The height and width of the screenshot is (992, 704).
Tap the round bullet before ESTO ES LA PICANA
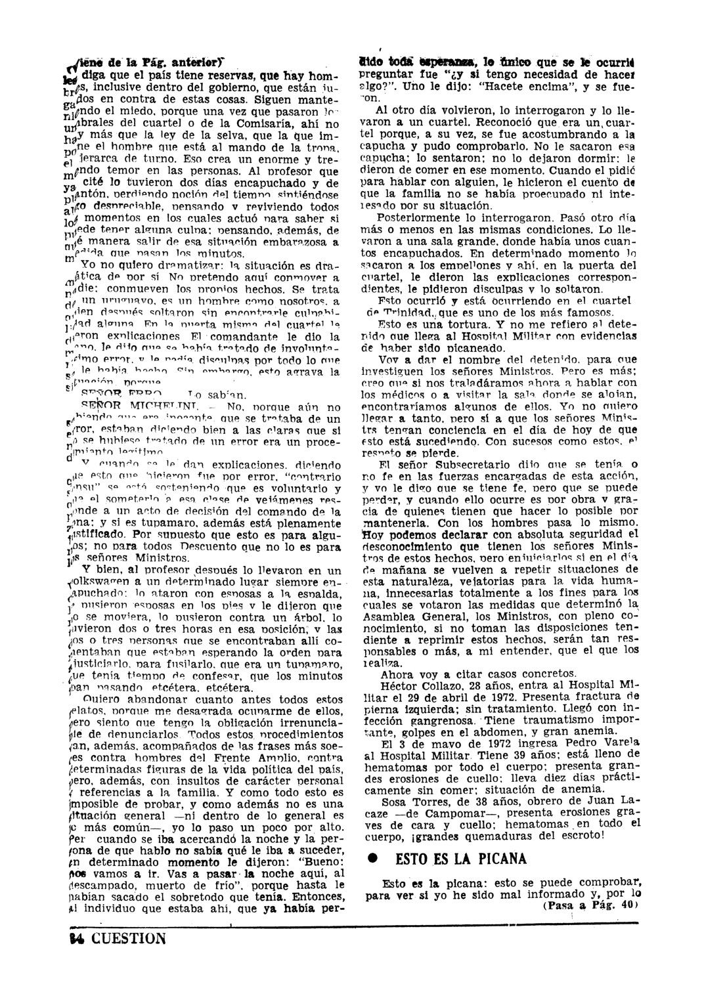[x=371, y=859]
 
